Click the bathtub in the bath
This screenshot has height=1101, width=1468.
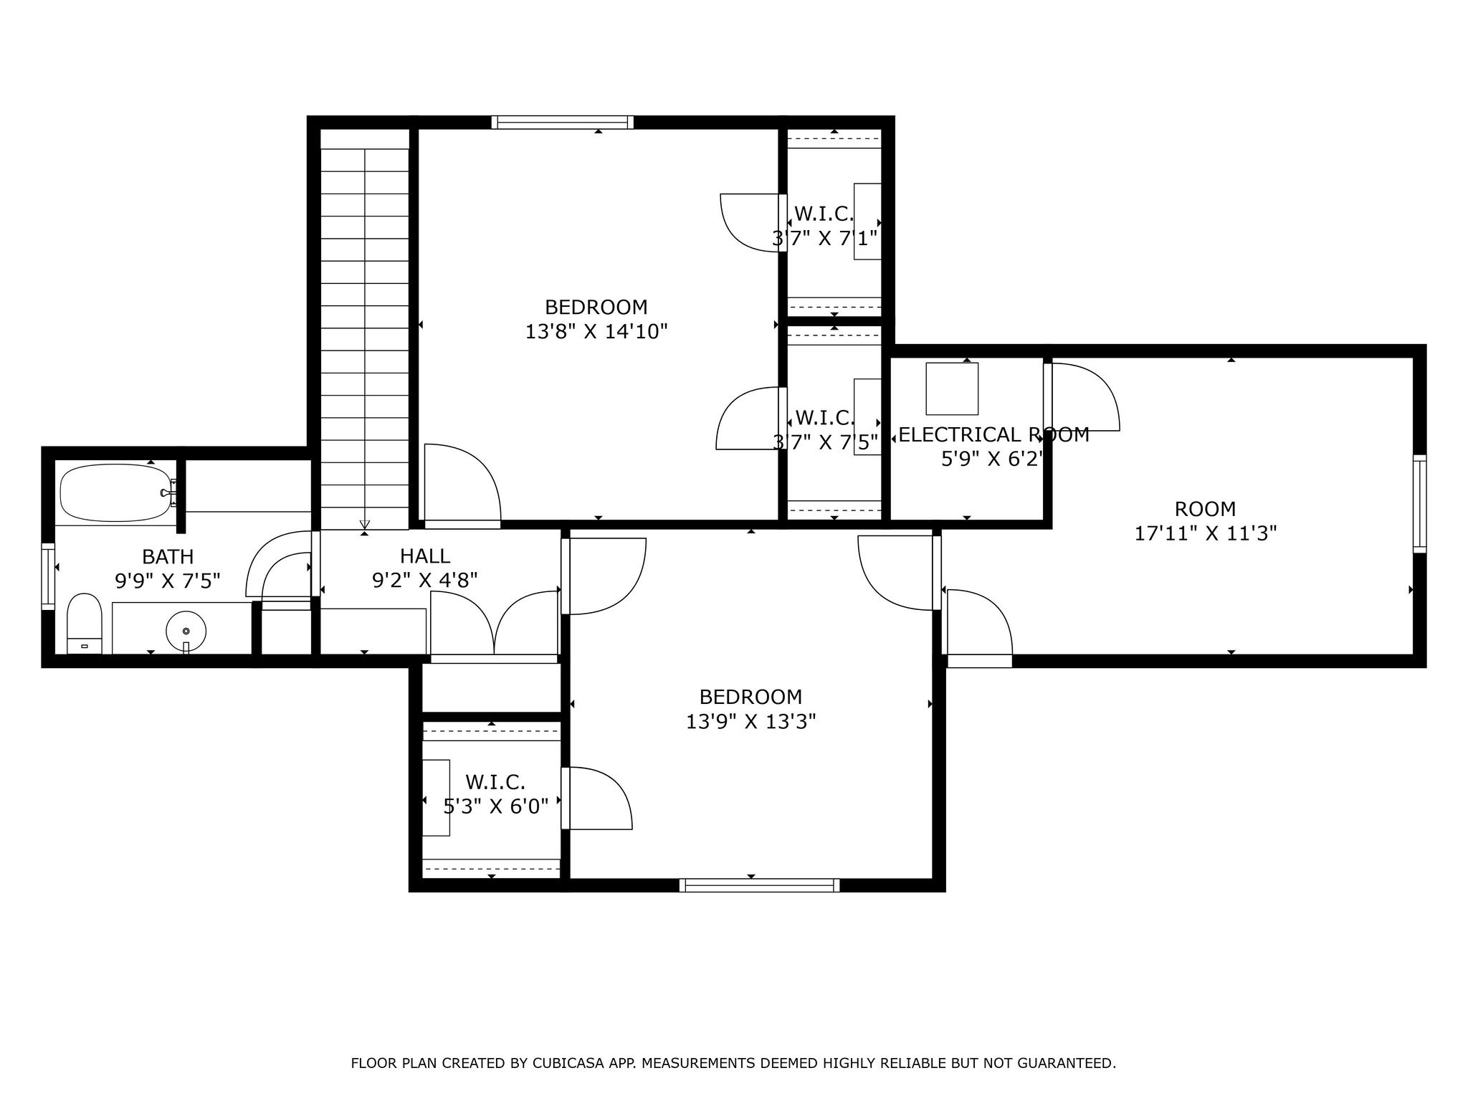[x=115, y=492]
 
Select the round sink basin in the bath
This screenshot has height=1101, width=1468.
[x=186, y=631]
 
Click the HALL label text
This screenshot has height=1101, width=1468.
[x=425, y=556]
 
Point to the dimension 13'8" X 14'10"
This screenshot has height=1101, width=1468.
[x=596, y=332]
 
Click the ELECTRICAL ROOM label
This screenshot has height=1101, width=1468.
[x=993, y=435]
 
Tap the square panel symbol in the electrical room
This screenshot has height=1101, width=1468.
[x=952, y=389]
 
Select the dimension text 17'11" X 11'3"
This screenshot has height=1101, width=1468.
[x=1206, y=534]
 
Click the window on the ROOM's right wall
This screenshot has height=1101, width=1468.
[x=1419, y=503]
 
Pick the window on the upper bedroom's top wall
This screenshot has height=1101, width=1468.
[x=563, y=122]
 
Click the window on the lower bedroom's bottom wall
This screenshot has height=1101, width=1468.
[x=759, y=885]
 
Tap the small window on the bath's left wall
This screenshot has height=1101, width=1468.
[x=48, y=576]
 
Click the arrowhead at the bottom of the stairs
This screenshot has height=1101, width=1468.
[x=364, y=524]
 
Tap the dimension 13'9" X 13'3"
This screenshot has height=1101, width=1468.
[x=750, y=722]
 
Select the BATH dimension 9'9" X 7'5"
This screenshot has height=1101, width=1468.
[x=168, y=581]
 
